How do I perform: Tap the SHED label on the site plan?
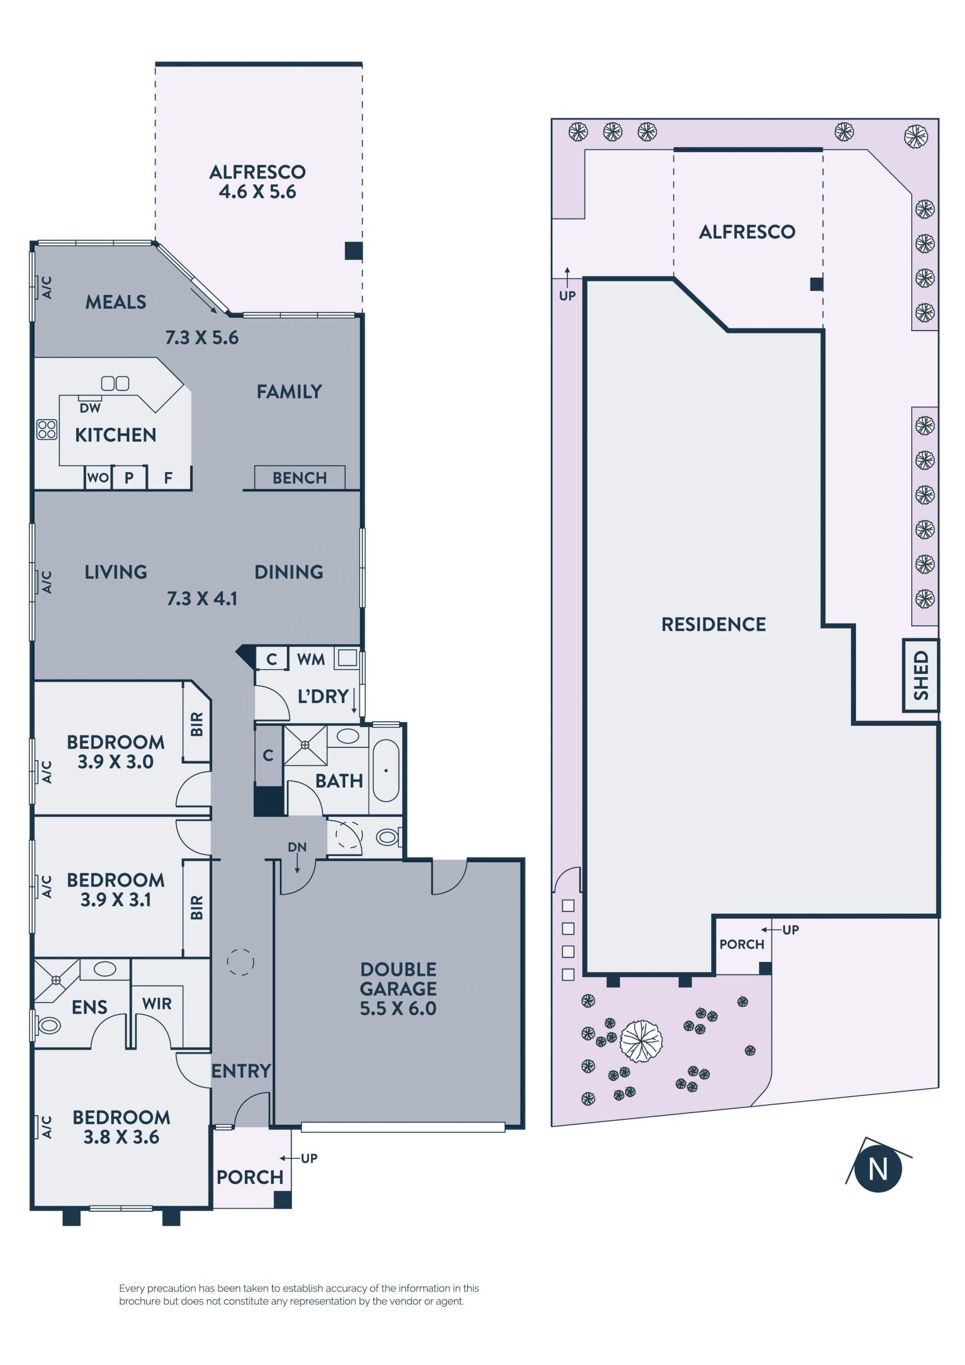(920, 675)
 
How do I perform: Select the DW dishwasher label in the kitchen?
(90, 408)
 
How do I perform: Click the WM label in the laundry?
(311, 659)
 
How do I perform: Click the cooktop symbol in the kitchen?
(47, 429)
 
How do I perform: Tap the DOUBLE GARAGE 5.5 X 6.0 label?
(399, 989)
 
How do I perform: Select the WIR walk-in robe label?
(157, 1004)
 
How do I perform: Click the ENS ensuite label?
(90, 1007)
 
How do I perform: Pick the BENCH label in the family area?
(300, 478)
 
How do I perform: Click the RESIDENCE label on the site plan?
(714, 624)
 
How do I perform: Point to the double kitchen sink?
(116, 383)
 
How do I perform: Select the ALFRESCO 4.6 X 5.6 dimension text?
(257, 192)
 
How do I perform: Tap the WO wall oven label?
(98, 477)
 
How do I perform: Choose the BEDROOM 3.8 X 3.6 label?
(121, 1127)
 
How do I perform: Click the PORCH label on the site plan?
(741, 944)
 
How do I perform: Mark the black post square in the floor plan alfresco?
(354, 251)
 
